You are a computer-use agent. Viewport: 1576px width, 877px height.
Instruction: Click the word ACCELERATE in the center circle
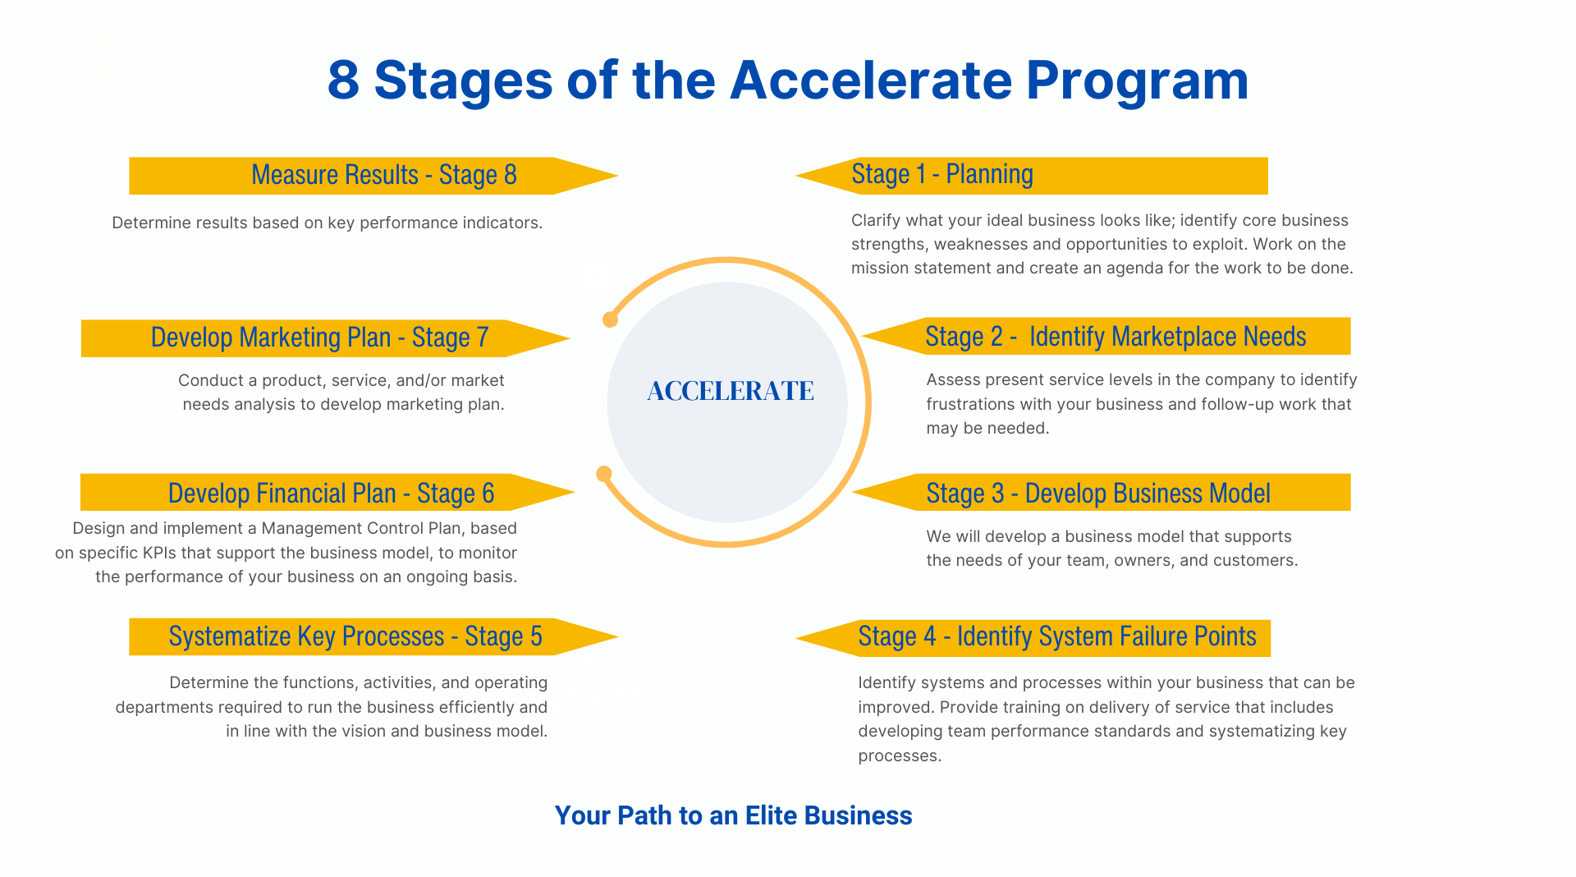pyautogui.click(x=731, y=391)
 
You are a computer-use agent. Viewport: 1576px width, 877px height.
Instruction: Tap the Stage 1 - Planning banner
pyautogui.click(x=1032, y=176)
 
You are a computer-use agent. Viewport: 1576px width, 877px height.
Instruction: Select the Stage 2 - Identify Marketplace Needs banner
pyautogui.click(x=1106, y=336)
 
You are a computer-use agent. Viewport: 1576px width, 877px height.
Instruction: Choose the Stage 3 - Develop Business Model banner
pyautogui.click(x=1102, y=492)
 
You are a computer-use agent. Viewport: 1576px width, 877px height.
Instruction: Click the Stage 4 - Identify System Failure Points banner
pyautogui.click(x=1033, y=638)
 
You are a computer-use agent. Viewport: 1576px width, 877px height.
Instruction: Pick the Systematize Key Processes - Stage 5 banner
pyautogui.click(x=373, y=636)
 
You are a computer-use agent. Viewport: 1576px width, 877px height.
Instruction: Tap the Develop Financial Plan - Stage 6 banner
pyautogui.click(x=328, y=492)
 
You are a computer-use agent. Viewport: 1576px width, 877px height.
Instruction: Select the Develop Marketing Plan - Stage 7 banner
pyautogui.click(x=326, y=338)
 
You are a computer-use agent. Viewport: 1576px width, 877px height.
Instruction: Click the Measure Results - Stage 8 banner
pyautogui.click(x=373, y=176)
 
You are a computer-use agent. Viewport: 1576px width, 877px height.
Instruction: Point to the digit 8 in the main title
pyautogui.click(x=343, y=80)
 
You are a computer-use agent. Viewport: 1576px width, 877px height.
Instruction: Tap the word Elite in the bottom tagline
pyautogui.click(x=771, y=815)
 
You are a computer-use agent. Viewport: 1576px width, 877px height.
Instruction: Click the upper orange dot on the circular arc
pyautogui.click(x=610, y=319)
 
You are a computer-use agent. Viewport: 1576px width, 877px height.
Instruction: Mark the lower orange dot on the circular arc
pyautogui.click(x=604, y=474)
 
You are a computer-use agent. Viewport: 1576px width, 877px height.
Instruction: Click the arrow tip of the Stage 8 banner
pyautogui.click(x=617, y=176)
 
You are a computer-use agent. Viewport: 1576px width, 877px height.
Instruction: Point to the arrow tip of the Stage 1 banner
pyautogui.click(x=797, y=176)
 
